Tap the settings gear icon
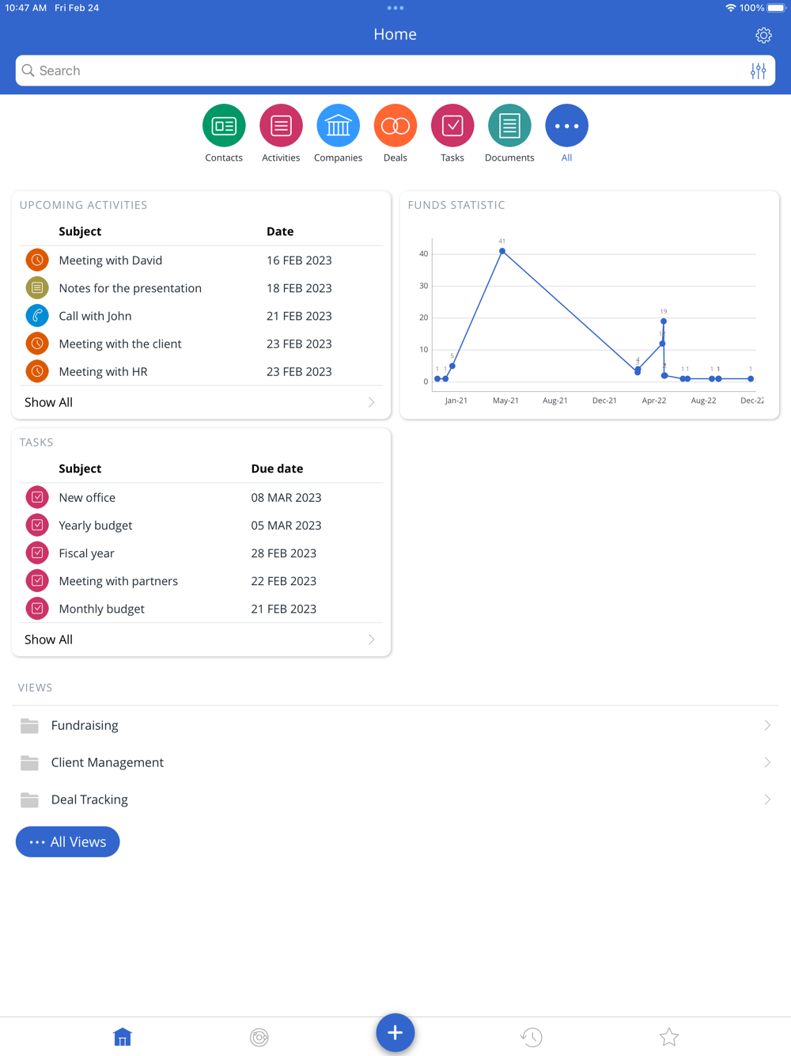coord(763,35)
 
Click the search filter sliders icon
coord(758,71)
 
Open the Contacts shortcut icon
coord(224,126)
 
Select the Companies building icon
coord(338,126)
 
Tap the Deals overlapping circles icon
coord(395,126)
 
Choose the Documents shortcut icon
coord(509,126)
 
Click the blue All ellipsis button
coord(566,126)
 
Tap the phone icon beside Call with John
coord(37,316)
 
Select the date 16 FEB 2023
coord(299,260)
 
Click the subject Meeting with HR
coord(103,371)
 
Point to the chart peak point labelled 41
coord(502,251)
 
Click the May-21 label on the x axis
coord(505,401)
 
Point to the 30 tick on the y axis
coord(424,286)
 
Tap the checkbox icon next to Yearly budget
coord(37,526)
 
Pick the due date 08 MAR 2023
coord(286,498)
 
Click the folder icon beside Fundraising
coord(29,725)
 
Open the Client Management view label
coord(108,762)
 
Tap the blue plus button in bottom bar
coord(395,1032)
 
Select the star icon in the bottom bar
coord(669,1037)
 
